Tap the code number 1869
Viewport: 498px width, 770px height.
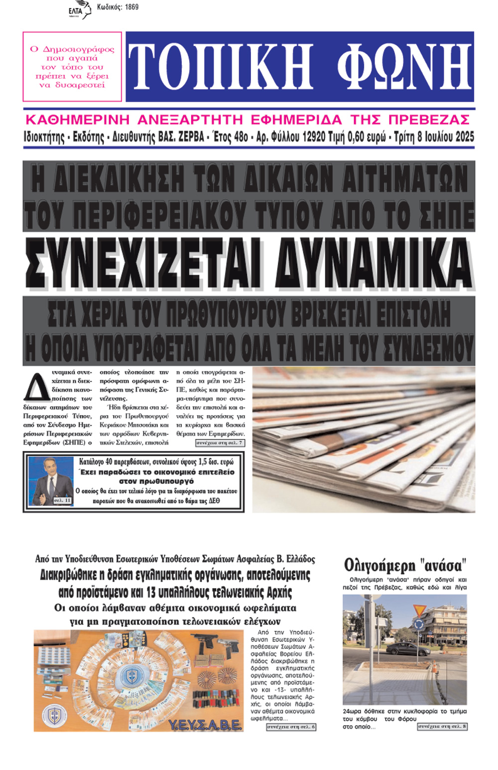click(131, 7)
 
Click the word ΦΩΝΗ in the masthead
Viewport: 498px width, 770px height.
click(403, 67)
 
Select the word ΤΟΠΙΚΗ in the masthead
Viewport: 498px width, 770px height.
click(221, 67)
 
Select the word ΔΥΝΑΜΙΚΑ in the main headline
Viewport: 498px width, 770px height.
click(373, 264)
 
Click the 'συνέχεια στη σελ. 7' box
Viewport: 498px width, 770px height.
click(220, 443)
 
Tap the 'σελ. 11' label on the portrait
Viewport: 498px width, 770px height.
click(62, 500)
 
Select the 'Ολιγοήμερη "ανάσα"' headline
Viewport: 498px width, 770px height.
click(405, 565)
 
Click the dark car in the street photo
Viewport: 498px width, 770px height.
click(401, 648)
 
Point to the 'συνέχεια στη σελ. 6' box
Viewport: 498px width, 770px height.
click(291, 727)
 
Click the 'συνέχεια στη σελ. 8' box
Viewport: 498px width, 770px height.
click(442, 727)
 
